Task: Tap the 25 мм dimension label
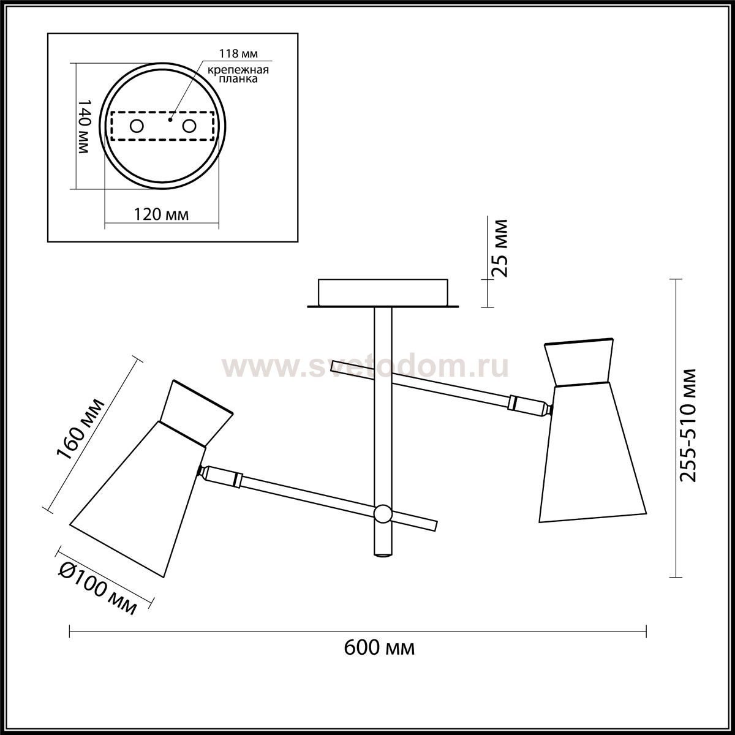tap(499, 248)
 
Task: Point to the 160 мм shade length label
tap(80, 429)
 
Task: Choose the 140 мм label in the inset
tap(84, 127)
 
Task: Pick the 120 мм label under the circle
tap(161, 214)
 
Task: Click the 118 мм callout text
tap(238, 54)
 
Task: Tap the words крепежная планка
tap(238, 74)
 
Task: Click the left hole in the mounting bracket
tap(136, 126)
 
